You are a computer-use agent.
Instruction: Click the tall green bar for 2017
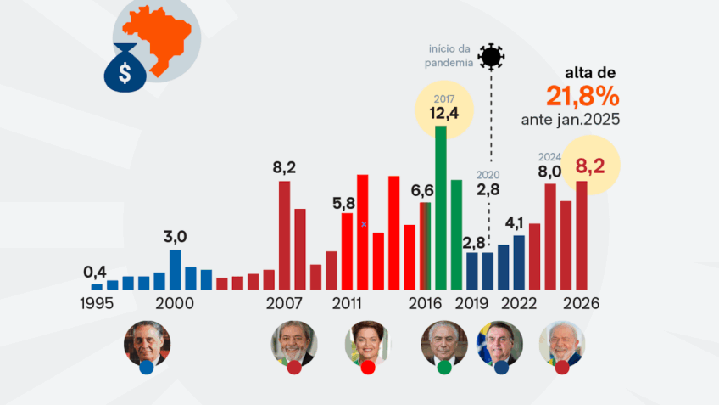pos(441,207)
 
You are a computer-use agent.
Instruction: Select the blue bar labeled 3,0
pos(176,269)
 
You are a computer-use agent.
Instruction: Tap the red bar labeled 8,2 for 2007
pos(284,235)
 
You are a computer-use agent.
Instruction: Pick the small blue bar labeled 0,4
pos(97,287)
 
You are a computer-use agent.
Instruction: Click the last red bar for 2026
pos(582,235)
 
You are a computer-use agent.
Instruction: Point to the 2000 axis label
pos(175,303)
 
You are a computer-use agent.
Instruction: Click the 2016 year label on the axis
pos(425,303)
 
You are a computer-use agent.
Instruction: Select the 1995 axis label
pos(97,303)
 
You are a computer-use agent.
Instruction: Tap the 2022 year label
pos(519,303)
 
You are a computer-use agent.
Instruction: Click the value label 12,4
pos(444,113)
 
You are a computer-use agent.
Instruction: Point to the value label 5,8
pos(343,203)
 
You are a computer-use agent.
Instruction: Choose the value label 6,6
pos(422,190)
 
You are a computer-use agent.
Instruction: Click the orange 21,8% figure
pos(582,97)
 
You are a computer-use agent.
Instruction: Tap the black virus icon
pos(491,57)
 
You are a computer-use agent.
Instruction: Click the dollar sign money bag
pos(125,68)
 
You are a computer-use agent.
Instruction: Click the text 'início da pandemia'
pos(449,55)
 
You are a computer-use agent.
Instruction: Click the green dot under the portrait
pos(444,368)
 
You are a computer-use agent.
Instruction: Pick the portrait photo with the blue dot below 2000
pos(147,344)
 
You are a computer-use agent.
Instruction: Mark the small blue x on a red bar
pos(364,224)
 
